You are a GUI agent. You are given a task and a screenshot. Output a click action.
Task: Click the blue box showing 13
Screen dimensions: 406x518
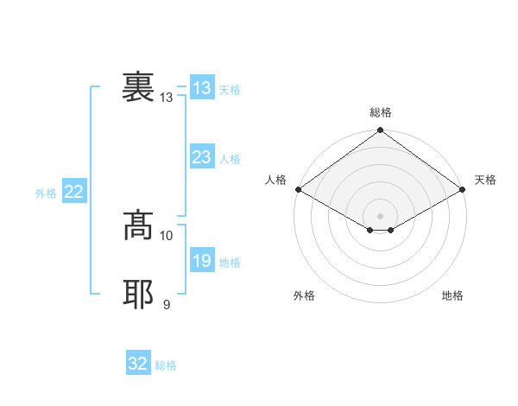coord(201,88)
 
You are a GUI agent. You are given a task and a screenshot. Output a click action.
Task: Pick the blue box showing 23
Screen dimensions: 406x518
coord(201,157)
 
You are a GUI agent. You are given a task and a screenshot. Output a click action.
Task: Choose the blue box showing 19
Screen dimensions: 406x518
coord(201,261)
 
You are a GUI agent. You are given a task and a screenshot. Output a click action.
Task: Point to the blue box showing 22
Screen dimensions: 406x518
coord(73,192)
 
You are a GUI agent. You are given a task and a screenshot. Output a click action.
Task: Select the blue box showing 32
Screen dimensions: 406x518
coord(137,364)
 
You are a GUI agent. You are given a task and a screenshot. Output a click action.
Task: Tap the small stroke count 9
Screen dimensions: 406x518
coord(167,303)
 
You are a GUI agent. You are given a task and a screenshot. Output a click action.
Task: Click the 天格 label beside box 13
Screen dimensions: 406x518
coord(230,90)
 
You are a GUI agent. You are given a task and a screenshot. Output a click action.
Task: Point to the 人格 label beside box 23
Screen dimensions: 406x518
coord(230,159)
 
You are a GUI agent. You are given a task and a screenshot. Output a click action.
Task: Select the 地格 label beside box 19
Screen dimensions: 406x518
coord(230,263)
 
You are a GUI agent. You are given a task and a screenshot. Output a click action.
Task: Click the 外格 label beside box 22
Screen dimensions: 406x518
coord(46,193)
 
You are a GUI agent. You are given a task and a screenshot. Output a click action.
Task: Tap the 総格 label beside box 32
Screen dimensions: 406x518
coord(166,365)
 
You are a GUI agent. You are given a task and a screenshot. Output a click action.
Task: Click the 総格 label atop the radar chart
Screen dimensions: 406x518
coord(381,112)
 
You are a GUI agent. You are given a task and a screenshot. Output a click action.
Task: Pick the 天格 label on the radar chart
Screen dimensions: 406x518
coord(485,180)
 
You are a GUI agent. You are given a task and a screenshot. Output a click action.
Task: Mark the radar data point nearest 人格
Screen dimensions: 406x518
coord(298,189)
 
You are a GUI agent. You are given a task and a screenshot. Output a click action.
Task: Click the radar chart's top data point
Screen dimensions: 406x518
coord(381,131)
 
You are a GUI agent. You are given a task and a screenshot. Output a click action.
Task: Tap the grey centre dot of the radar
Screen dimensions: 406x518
coord(381,215)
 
